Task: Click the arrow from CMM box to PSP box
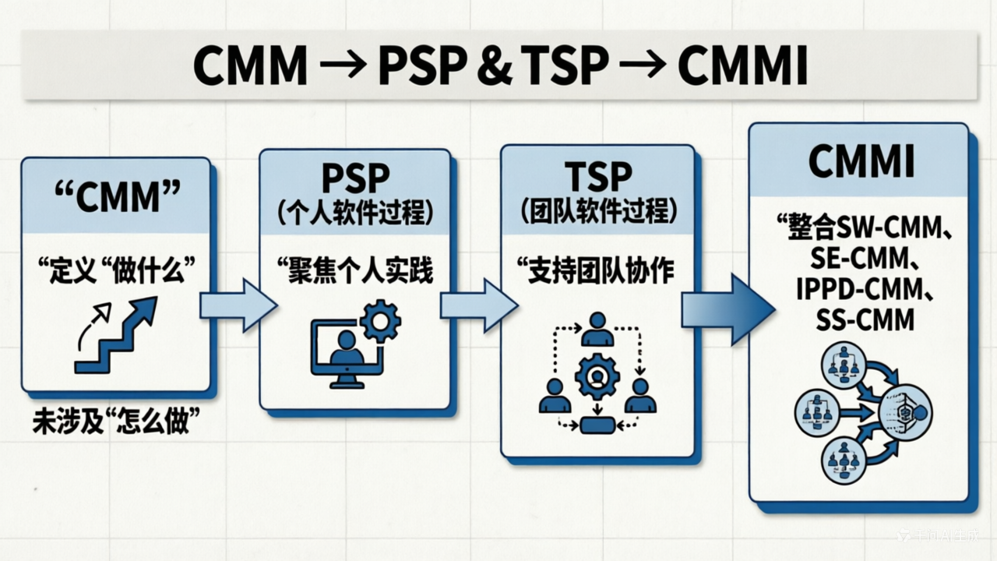pos(238,305)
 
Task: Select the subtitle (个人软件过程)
pos(354,213)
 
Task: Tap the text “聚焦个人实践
pos(354,272)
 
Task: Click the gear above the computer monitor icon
pos(380,320)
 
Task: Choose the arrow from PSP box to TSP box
pos(477,305)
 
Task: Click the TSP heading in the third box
pos(597,177)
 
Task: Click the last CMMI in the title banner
pos(742,65)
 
